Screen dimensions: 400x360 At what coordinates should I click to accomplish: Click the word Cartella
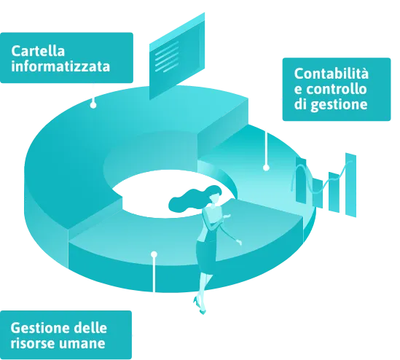coord(38,51)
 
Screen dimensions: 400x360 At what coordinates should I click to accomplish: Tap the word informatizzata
coord(60,66)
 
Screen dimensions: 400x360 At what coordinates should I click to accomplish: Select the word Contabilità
coord(331,74)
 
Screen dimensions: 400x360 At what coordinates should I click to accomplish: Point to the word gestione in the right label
coord(340,105)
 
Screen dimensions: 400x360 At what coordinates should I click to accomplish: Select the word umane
coord(82,343)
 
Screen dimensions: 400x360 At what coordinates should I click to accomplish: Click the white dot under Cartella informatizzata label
coord(93,105)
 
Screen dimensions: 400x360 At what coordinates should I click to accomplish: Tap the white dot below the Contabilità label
coord(267,168)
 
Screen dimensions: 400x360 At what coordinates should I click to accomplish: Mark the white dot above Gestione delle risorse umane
coord(154,254)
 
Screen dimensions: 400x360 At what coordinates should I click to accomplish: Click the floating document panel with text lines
coord(177,56)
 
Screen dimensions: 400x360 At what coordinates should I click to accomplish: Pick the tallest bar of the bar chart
coord(350,185)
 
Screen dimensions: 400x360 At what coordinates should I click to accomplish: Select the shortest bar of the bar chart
coord(318,193)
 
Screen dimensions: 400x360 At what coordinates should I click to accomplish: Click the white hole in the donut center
coord(163,195)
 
